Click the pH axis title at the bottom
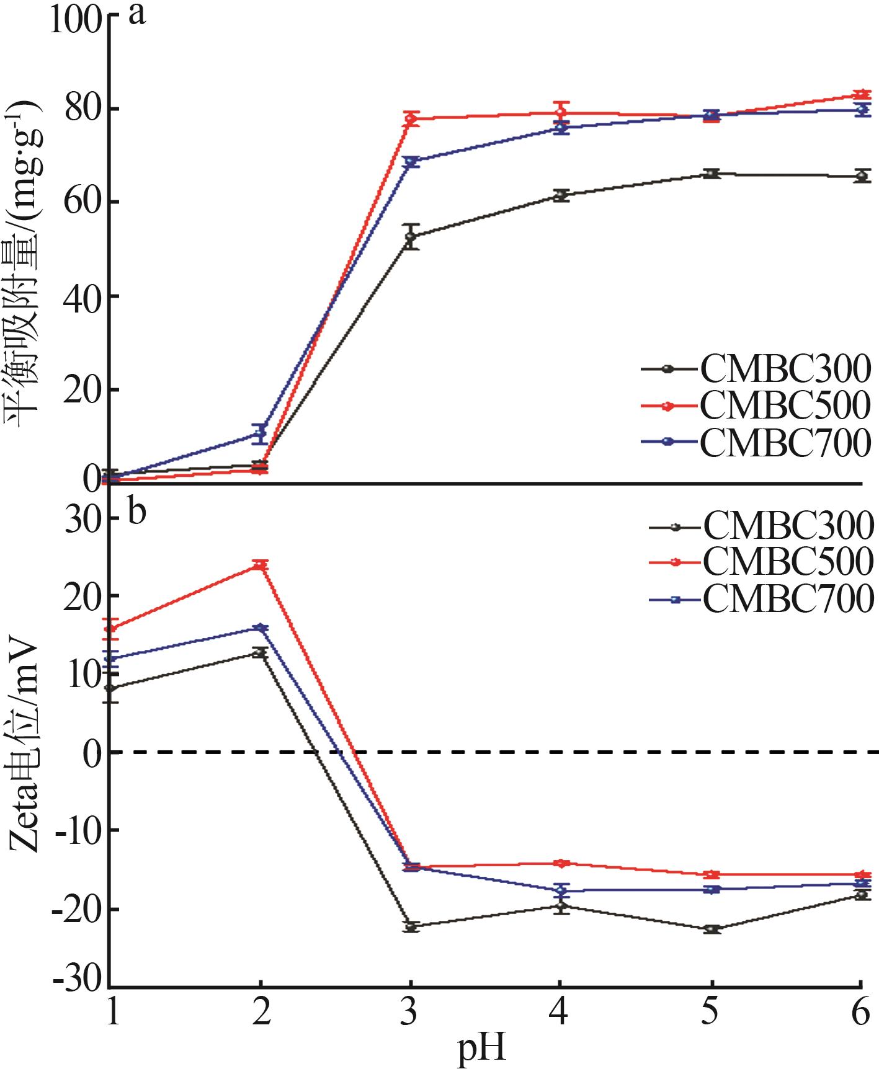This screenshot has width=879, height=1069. pyautogui.click(x=482, y=1049)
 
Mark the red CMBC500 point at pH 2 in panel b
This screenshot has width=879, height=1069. pyautogui.click(x=261, y=565)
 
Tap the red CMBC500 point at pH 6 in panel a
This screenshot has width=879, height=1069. pyautogui.click(x=860, y=95)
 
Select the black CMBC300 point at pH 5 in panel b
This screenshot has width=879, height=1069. pyautogui.click(x=712, y=929)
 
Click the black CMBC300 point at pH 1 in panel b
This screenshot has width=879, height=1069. pyautogui.click(x=110, y=688)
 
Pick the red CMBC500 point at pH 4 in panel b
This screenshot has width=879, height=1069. pyautogui.click(x=561, y=863)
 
